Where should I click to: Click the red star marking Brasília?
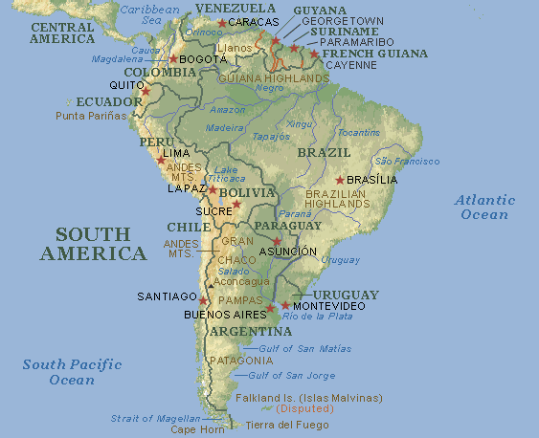coord(340,180)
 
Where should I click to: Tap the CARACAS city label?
coord(255,21)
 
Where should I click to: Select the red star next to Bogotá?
coord(173,59)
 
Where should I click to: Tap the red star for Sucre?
coord(236,205)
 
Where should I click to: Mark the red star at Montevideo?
coord(285,305)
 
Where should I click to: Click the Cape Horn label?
coord(196,429)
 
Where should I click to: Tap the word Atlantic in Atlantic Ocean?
coord(484,201)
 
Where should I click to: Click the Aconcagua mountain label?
coord(242,281)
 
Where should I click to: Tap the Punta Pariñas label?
coord(91,116)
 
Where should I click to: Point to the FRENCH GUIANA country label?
coord(374,54)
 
